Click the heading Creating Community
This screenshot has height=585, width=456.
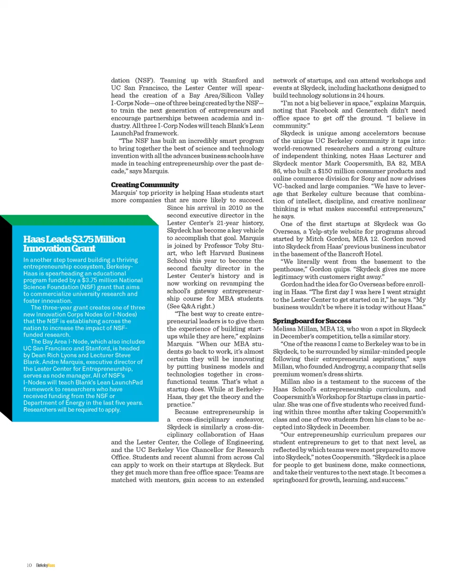click(x=144, y=184)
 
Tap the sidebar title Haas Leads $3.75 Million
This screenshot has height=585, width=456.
click(x=74, y=238)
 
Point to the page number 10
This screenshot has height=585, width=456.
click(x=29, y=565)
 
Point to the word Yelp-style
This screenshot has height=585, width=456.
click(x=323, y=232)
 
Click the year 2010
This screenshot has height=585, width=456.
click(x=225, y=208)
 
